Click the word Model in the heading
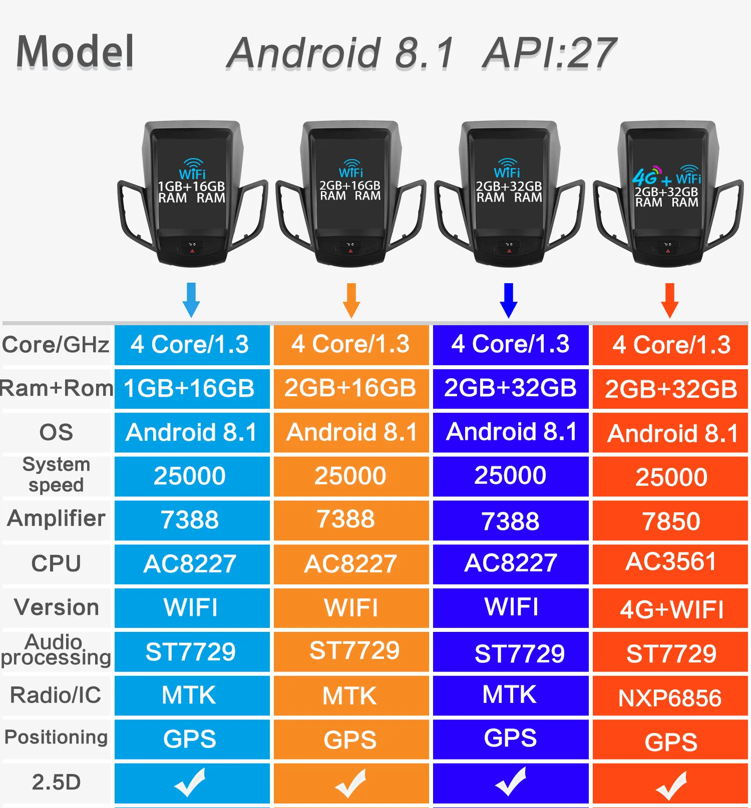point(75,52)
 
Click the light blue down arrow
point(191,299)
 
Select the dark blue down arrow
point(509,300)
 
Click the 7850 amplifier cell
point(671,521)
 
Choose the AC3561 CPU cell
point(671,562)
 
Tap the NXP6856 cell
point(670,698)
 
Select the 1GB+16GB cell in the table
point(189,388)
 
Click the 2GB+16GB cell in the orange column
point(350,388)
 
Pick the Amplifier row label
point(56,518)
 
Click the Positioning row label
point(56,737)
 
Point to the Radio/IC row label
point(56,695)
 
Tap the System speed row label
point(56,474)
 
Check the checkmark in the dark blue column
point(511,781)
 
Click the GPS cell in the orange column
point(350,740)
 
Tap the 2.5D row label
point(56,782)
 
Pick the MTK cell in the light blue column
point(189,695)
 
